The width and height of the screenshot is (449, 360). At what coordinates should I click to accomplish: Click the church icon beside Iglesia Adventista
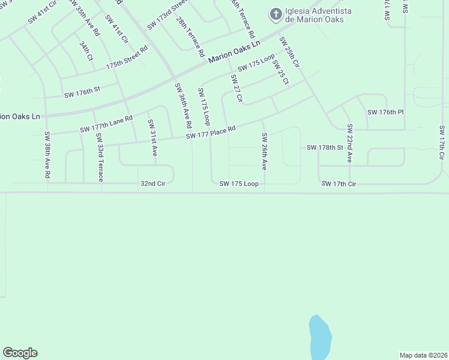coord(276,14)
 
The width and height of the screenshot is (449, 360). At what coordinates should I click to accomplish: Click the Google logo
coord(20,353)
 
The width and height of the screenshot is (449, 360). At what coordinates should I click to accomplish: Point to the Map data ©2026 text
coord(423,355)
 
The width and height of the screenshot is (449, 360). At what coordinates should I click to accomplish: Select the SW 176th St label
coord(82,94)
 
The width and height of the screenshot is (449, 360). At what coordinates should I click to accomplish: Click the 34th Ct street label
coord(85,50)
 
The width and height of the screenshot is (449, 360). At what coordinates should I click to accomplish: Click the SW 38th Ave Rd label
coord(47,155)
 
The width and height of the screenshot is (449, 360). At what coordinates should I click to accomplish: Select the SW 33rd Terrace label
coord(100,158)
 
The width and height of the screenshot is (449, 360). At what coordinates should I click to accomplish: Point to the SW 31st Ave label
coord(152,138)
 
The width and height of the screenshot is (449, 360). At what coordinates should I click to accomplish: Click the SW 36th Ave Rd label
coord(183,105)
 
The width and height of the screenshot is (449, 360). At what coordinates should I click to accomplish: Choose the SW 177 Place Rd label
coord(210,132)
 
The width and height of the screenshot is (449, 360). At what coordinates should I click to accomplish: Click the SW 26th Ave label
coord(264,151)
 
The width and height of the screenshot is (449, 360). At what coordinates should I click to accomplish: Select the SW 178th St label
coord(325,147)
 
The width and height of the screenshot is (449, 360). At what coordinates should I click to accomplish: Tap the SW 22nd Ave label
coord(349,144)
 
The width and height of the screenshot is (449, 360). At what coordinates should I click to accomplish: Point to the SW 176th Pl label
coord(385,112)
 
